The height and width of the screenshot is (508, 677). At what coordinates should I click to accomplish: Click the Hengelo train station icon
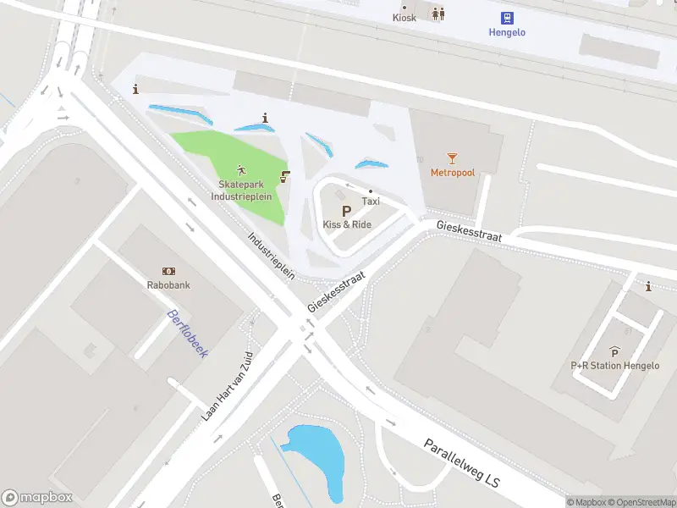click(x=507, y=17)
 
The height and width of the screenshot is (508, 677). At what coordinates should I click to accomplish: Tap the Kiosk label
click(x=405, y=18)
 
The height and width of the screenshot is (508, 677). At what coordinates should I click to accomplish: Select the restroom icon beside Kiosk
click(x=438, y=14)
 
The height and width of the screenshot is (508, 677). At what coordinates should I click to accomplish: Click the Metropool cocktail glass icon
click(x=453, y=157)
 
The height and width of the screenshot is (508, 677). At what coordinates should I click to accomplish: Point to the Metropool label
click(x=453, y=173)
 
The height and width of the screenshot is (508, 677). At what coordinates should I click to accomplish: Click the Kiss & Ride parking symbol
click(x=346, y=211)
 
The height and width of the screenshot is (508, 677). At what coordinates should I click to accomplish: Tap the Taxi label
click(x=371, y=202)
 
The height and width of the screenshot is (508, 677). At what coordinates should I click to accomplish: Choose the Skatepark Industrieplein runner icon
click(x=242, y=170)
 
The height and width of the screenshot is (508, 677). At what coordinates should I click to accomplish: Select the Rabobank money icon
click(x=168, y=271)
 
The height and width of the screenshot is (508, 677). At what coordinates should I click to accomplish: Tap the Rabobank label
click(x=168, y=285)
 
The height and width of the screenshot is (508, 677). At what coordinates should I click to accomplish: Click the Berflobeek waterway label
click(x=187, y=334)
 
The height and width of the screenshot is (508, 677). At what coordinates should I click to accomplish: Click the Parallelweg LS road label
click(x=462, y=461)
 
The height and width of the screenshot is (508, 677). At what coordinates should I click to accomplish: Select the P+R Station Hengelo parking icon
click(x=614, y=351)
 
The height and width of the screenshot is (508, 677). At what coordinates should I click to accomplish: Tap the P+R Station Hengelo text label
click(x=614, y=366)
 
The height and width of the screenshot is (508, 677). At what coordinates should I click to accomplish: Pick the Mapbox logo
click(x=37, y=498)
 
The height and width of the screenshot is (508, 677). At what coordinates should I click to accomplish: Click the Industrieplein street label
click(x=272, y=255)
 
